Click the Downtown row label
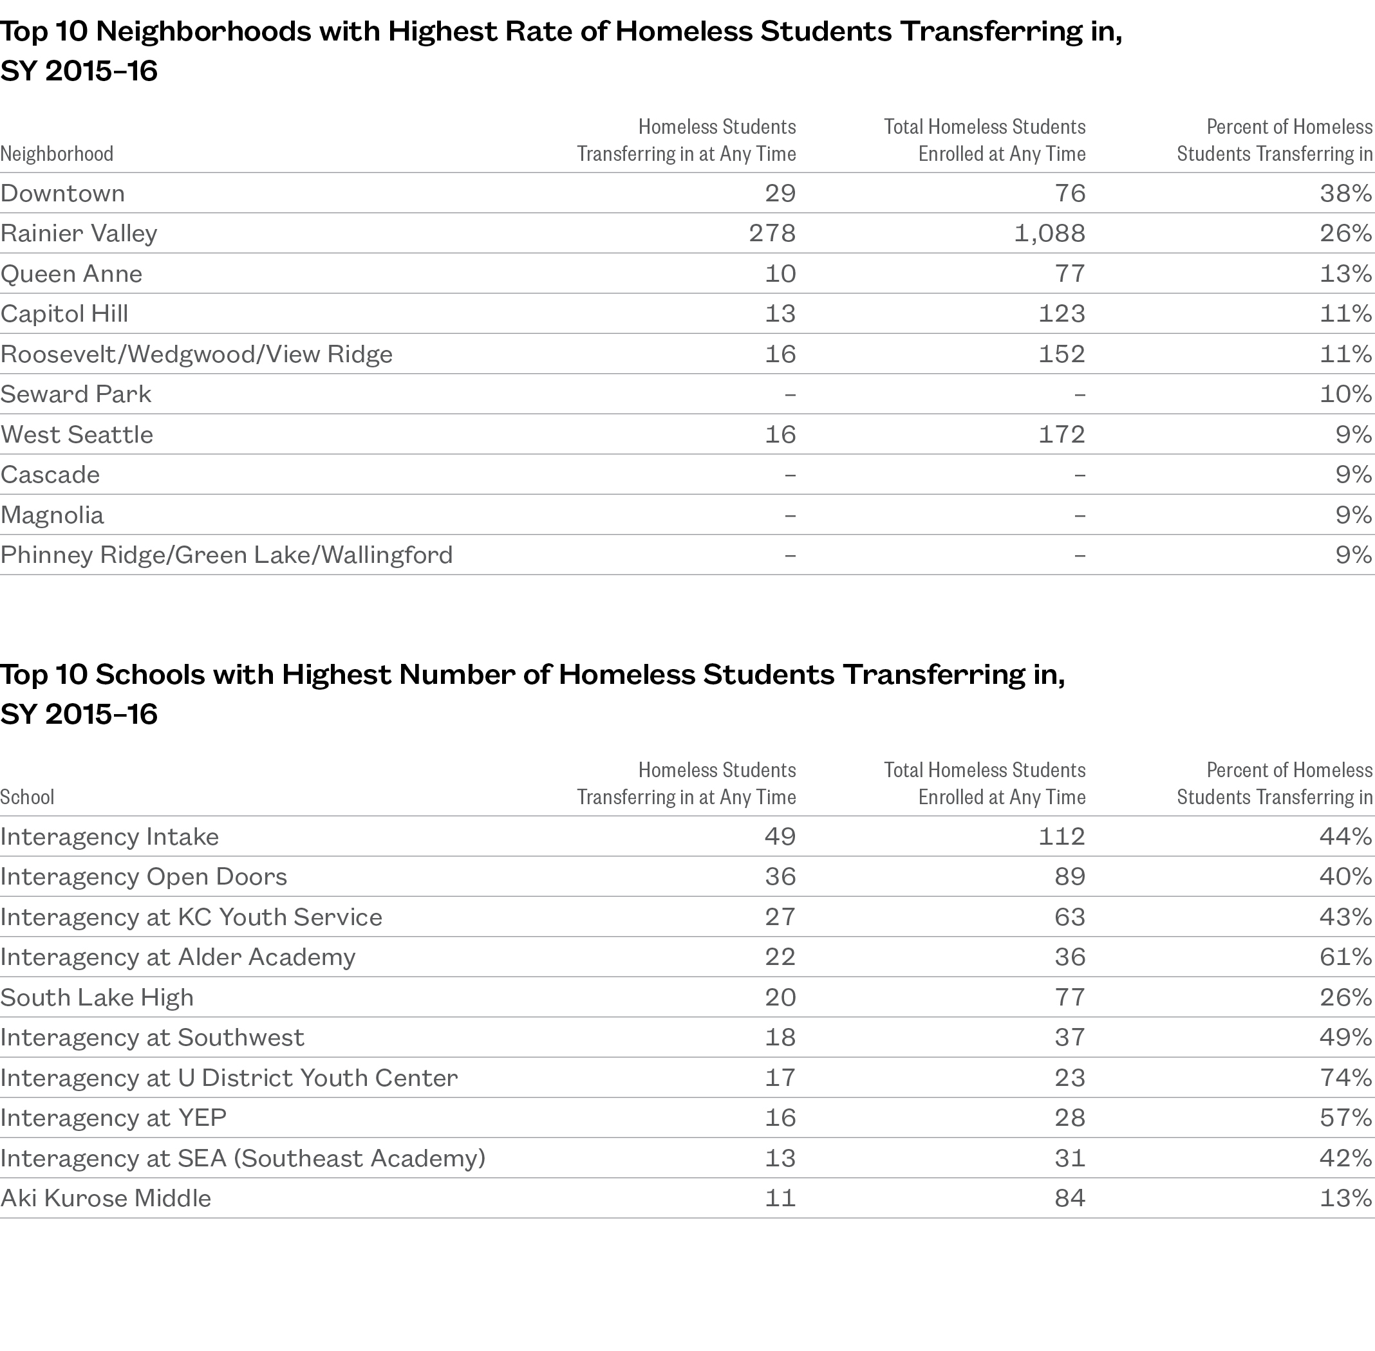62,193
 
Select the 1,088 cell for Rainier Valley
1049,234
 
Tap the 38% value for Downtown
1345,193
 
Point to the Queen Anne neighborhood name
71,274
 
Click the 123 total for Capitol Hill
1062,314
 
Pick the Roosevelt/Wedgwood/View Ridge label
196,354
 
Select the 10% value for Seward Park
1345,394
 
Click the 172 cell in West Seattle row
1062,434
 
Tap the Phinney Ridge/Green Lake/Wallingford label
227,555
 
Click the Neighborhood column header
57,154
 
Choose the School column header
27,797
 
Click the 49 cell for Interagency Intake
780,836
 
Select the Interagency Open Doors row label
144,877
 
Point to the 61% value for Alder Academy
1345,957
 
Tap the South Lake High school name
97,998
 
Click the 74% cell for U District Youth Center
1345,1078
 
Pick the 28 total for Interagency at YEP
1069,1118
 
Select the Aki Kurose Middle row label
106,1199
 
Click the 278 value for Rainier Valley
772,234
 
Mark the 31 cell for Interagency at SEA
1069,1158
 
